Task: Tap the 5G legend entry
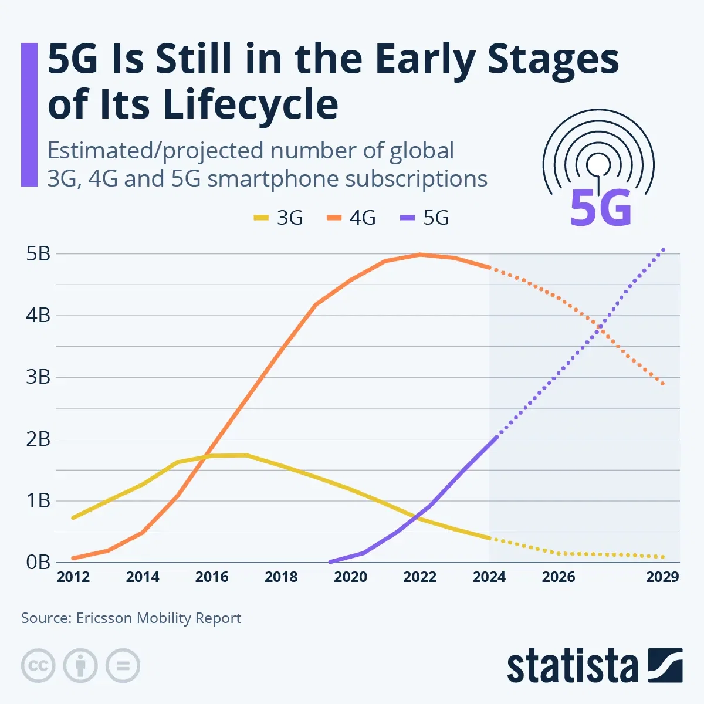click(x=425, y=218)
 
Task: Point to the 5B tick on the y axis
click(x=38, y=254)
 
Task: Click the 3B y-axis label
click(x=38, y=377)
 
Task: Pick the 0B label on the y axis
click(x=38, y=562)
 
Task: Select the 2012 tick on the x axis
click(x=73, y=577)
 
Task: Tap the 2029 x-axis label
click(x=662, y=577)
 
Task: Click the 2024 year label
click(x=489, y=577)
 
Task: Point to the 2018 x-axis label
click(x=281, y=577)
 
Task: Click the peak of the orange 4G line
click(x=420, y=254)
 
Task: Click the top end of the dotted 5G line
click(x=664, y=249)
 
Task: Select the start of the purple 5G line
click(x=330, y=562)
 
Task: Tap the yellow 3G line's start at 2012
click(x=73, y=518)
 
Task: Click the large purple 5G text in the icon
click(x=601, y=208)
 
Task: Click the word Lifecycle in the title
click(x=250, y=104)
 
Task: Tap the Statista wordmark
click(x=572, y=667)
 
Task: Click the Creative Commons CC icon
click(x=38, y=666)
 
